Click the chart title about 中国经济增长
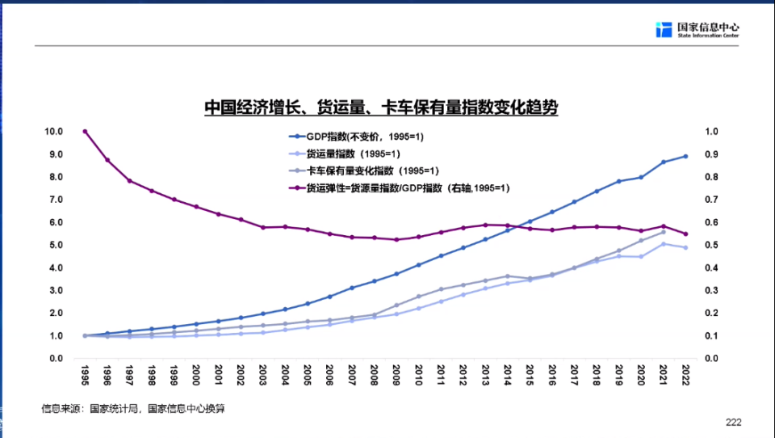point(381,108)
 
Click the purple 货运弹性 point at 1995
point(85,131)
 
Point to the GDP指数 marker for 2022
point(685,156)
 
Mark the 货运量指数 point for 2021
point(663,243)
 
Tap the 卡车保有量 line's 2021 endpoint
point(663,232)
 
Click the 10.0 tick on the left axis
point(53,132)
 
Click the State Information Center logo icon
point(664,30)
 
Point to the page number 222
point(733,422)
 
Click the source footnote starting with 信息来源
point(133,409)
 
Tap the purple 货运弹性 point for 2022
point(685,234)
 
